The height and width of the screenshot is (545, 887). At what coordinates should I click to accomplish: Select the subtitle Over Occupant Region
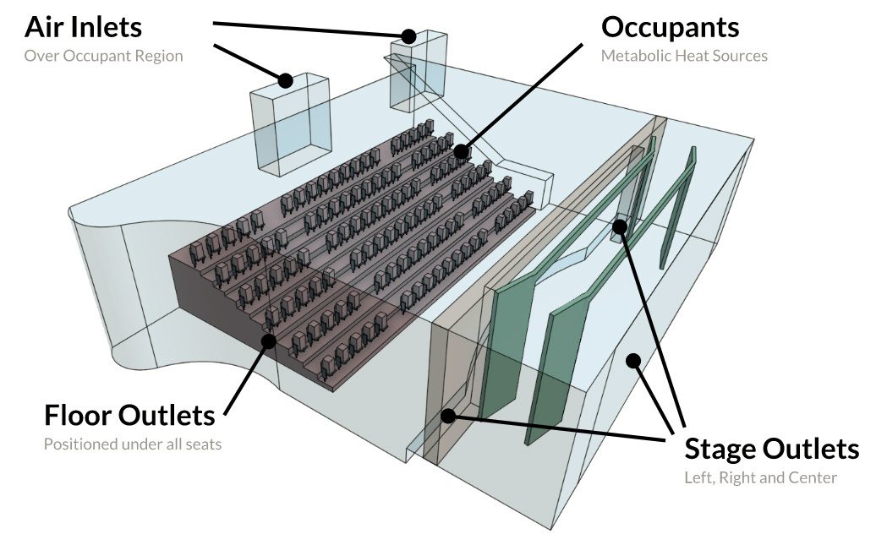click(103, 57)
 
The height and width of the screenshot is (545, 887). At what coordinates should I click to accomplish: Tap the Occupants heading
click(670, 27)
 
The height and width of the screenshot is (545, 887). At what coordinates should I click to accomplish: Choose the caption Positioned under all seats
click(132, 444)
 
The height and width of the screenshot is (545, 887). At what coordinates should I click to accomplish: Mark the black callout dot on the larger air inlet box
click(286, 81)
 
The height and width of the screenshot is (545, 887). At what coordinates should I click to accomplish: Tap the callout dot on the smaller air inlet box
click(409, 36)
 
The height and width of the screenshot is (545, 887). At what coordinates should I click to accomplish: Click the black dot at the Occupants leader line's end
click(461, 152)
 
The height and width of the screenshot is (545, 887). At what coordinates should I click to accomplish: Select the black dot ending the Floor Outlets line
click(269, 341)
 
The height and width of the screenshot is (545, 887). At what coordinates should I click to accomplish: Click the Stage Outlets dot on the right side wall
click(632, 362)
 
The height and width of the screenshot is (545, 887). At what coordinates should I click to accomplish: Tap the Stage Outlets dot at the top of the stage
click(620, 226)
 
